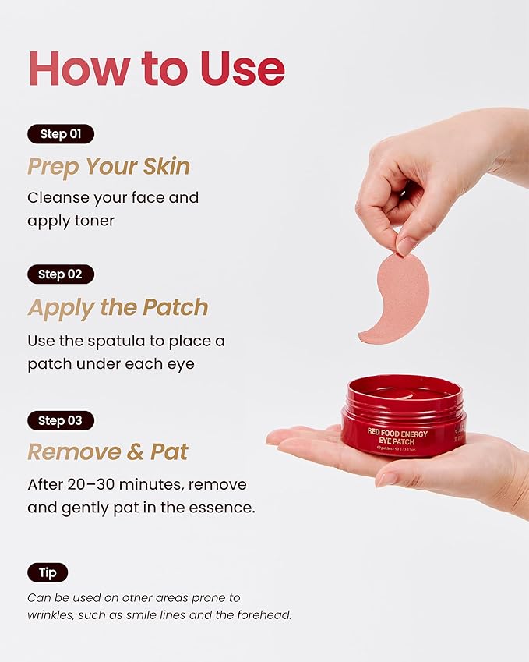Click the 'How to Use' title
157,69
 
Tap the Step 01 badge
60,133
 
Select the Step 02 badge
60,274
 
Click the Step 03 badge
60,420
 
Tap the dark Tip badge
48,572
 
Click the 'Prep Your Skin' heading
108,166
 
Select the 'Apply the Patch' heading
118,307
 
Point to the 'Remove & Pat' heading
108,451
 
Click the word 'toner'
93,221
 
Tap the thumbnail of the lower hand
387,479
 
